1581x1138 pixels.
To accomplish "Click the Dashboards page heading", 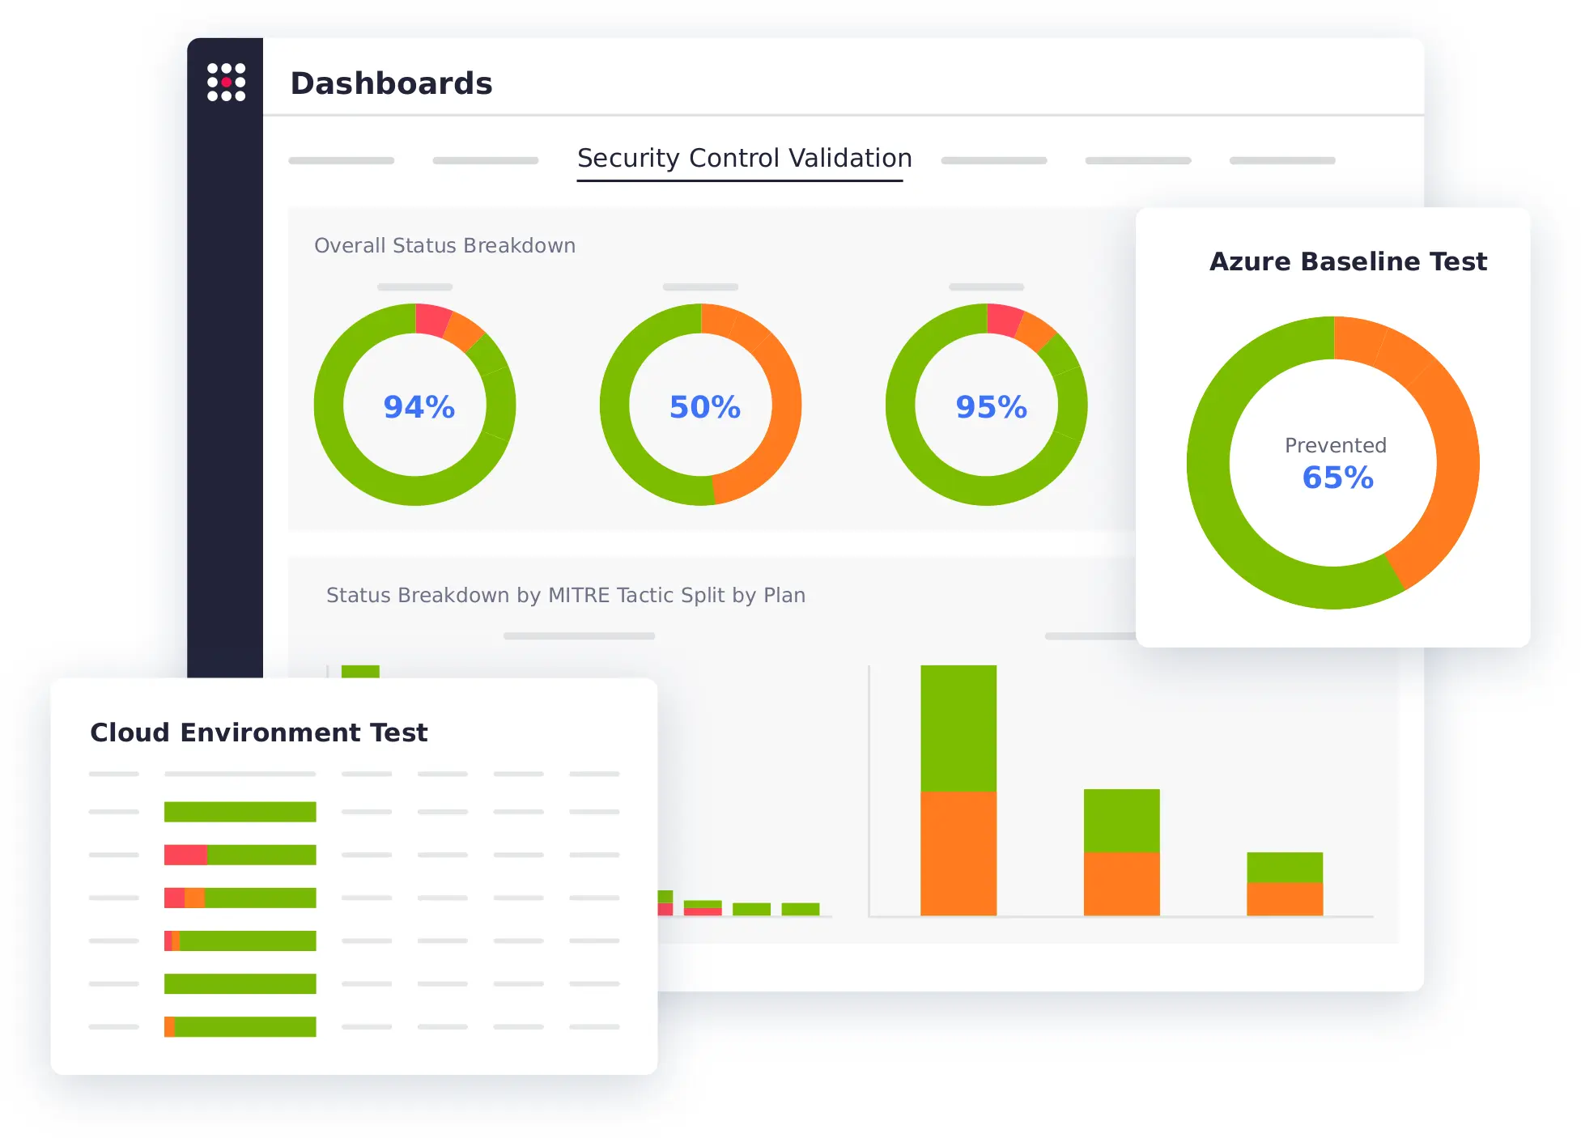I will click(x=391, y=83).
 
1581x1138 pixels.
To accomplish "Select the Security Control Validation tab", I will click(x=744, y=158).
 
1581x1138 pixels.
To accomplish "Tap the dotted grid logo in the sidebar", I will click(x=226, y=83).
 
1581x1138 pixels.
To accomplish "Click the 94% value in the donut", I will click(x=419, y=407).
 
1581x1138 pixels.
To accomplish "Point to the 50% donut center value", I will click(x=704, y=407).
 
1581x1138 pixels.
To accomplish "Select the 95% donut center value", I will click(x=991, y=407).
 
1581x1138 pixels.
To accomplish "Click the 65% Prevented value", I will click(x=1337, y=478).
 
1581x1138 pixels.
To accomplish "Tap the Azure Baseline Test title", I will click(x=1348, y=261).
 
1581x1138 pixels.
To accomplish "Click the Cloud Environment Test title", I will click(x=258, y=732).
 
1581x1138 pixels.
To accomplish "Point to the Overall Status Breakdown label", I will click(x=444, y=245).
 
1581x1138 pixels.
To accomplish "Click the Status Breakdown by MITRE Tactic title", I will click(x=565, y=595).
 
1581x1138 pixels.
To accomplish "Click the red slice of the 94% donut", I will click(x=431, y=319).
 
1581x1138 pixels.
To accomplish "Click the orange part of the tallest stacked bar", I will click(x=958, y=853).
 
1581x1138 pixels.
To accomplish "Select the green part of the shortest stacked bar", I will click(x=1284, y=867).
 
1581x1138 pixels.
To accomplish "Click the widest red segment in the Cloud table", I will click(x=185, y=855).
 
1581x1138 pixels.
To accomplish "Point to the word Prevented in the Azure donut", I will click(x=1335, y=445).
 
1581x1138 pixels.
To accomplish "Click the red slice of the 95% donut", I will click(x=1004, y=319).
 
